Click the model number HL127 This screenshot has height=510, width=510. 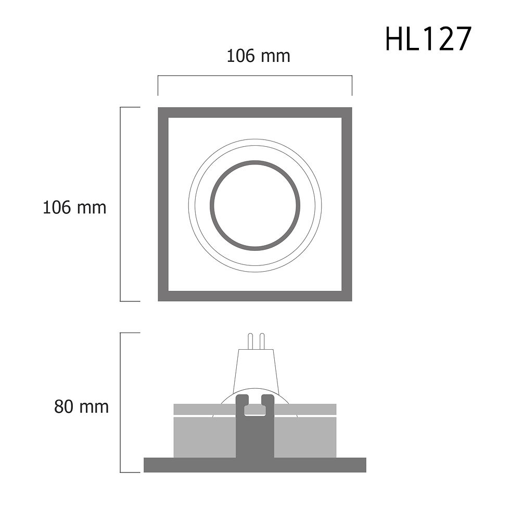coord(428,40)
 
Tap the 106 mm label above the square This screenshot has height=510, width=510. coord(258,56)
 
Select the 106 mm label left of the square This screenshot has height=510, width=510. coord(74,207)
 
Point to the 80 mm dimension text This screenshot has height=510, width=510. coord(82,406)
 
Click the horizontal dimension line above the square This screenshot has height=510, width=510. coord(255,76)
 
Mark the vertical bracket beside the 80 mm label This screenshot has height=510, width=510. coord(121,402)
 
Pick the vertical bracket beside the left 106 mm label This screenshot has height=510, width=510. coord(121,204)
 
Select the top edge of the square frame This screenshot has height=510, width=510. coord(255,112)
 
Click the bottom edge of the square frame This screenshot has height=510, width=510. coord(255,296)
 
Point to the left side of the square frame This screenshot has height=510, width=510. coord(163,204)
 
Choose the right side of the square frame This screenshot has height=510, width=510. coord(347,204)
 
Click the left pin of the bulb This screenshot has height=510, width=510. coord(250,341)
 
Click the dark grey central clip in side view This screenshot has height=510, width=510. coord(255,437)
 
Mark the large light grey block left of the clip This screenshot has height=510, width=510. coord(205,437)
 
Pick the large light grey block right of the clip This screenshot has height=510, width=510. coord(305,437)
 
